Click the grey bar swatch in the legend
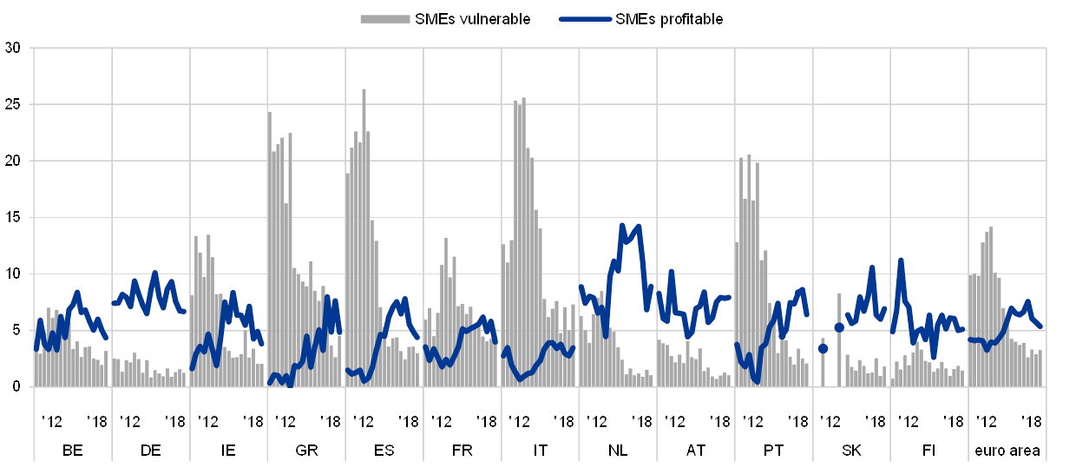385,18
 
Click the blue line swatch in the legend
586,18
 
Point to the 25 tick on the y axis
13,105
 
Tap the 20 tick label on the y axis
13,161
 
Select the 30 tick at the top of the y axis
13,49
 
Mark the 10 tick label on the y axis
13,274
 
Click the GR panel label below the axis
305,450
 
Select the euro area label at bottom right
1007,450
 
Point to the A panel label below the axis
692,450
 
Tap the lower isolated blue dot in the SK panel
823,348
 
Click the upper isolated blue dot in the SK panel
839,327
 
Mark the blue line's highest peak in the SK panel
872,268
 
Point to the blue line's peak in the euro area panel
1027,302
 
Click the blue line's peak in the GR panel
327,298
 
